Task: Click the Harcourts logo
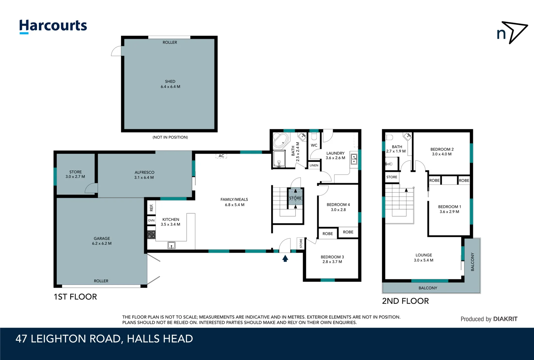[x=53, y=26]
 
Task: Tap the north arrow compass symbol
[x=512, y=32]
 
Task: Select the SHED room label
[x=170, y=81]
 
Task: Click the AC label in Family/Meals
[x=221, y=156]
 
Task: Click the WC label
[x=314, y=145]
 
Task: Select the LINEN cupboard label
[x=314, y=165]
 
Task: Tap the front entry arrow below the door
[x=285, y=258]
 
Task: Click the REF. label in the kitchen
[x=151, y=208]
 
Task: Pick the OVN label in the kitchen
[x=151, y=220]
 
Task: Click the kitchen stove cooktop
[x=151, y=234]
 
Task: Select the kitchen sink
[x=171, y=246]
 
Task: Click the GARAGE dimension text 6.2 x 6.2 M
[x=102, y=244]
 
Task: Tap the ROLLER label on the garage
[x=101, y=281]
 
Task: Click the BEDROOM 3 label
[x=332, y=257]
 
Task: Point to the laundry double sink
[x=354, y=159]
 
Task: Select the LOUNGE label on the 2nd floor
[x=423, y=255]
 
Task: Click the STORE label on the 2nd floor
[x=391, y=177]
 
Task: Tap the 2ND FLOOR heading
[x=405, y=301]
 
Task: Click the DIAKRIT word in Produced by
[x=505, y=319]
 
